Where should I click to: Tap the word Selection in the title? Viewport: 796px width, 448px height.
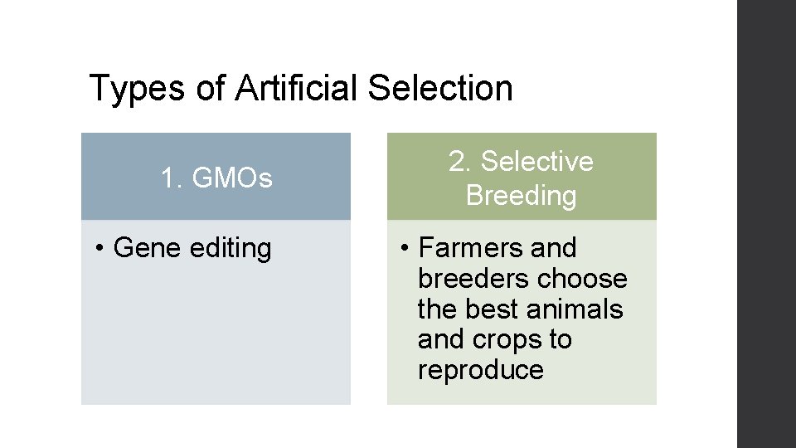[439, 89]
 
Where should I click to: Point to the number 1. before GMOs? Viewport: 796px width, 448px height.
[172, 178]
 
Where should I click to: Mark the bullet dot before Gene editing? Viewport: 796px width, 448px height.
[99, 249]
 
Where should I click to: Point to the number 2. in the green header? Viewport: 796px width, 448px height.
[460, 161]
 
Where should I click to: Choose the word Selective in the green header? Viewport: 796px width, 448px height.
[537, 161]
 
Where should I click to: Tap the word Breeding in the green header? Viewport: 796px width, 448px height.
[521, 196]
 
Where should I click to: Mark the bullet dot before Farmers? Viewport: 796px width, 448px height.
[404, 249]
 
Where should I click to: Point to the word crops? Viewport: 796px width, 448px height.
[510, 340]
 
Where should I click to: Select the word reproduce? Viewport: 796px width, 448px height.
[481, 370]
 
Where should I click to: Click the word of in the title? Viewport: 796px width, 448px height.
[211, 89]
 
